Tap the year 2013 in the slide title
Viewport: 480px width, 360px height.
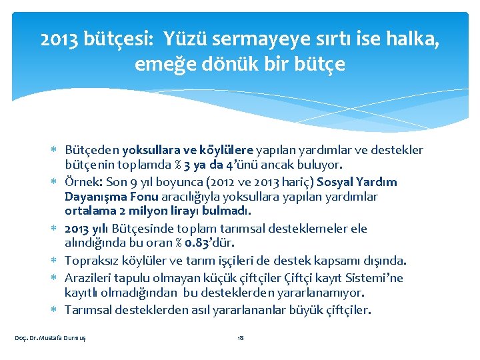57,41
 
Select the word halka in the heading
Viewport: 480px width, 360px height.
414,41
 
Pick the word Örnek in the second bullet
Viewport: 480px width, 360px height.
81,182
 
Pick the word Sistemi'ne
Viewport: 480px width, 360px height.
377,278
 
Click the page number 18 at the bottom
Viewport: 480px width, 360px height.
241,338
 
